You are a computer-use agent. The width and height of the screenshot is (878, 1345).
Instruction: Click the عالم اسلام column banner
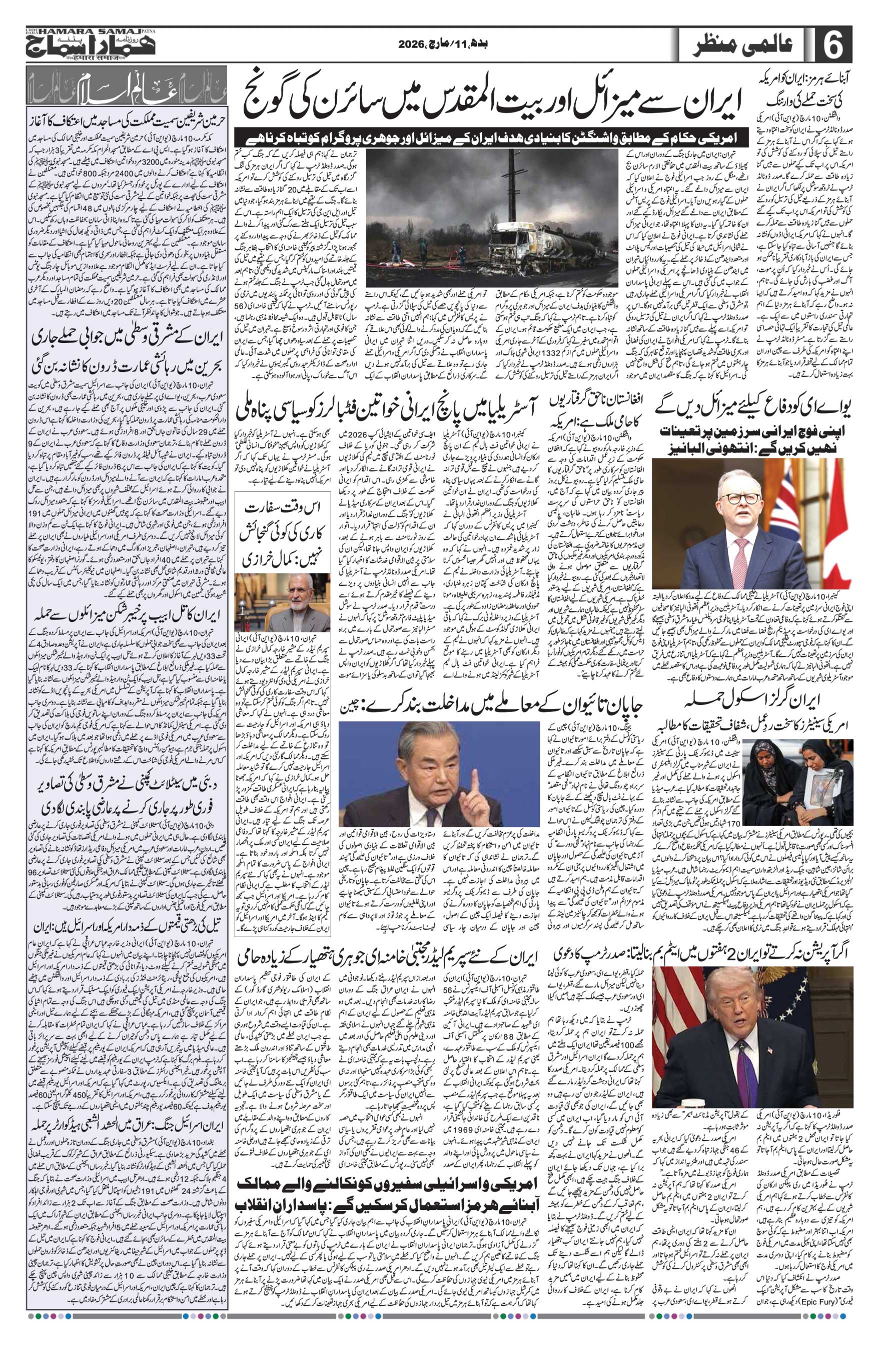point(118,91)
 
